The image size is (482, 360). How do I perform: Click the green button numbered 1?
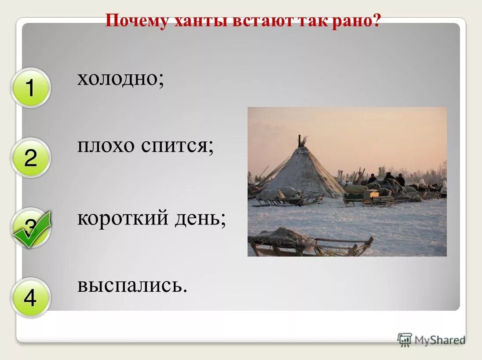30,88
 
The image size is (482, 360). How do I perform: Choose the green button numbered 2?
30,158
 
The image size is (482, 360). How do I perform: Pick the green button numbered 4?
30,298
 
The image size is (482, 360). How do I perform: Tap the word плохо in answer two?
106,146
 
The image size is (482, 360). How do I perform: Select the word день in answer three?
202,217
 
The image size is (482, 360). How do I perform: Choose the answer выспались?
132,286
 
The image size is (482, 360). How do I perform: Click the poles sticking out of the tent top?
301,141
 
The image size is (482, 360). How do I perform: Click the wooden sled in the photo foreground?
308,242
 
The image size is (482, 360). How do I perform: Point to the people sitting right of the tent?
387,179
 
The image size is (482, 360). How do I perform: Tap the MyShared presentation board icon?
405,340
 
